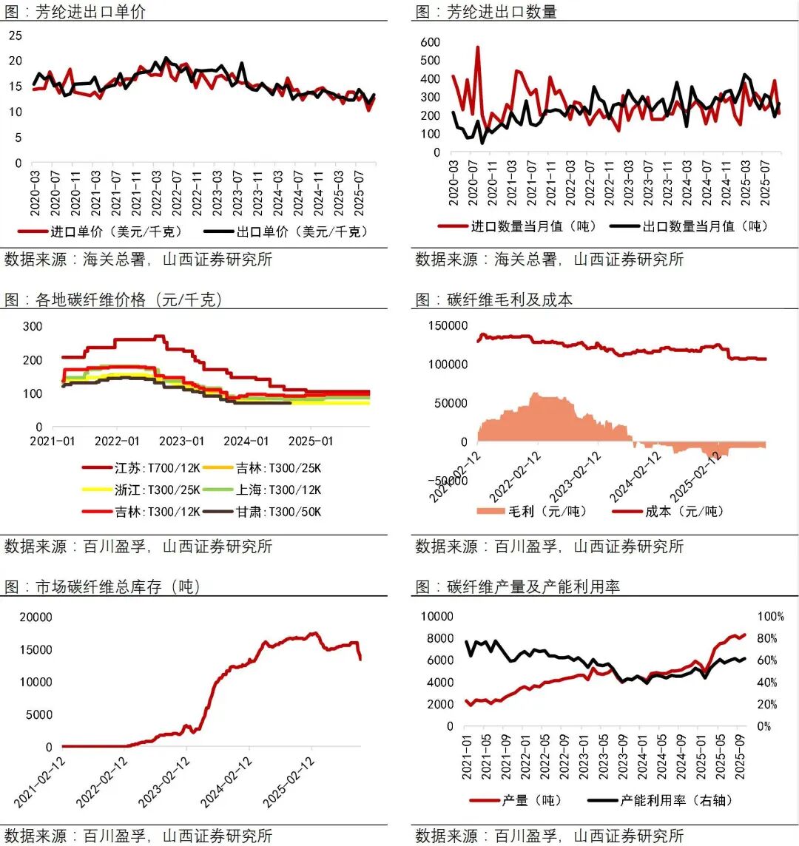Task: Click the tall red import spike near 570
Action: tap(478, 49)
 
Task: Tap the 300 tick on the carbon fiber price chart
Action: tap(32, 326)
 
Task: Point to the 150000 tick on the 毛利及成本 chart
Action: tap(446, 326)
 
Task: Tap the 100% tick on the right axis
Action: tap(770, 617)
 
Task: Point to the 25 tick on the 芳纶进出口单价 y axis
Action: tap(16, 35)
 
